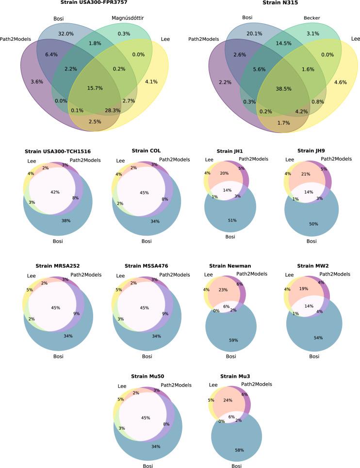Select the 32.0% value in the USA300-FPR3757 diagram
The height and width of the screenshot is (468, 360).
[x=65, y=34]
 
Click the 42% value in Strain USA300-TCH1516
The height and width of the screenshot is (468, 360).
[x=55, y=192]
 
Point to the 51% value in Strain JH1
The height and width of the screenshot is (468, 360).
[x=232, y=220]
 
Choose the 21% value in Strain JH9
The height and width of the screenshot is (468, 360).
[x=319, y=174]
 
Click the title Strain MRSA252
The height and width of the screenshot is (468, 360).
[x=58, y=266]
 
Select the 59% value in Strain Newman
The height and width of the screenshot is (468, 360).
[x=233, y=340]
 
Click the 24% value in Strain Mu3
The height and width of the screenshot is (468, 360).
[x=228, y=401]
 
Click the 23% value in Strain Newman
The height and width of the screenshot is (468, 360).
[x=223, y=290]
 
